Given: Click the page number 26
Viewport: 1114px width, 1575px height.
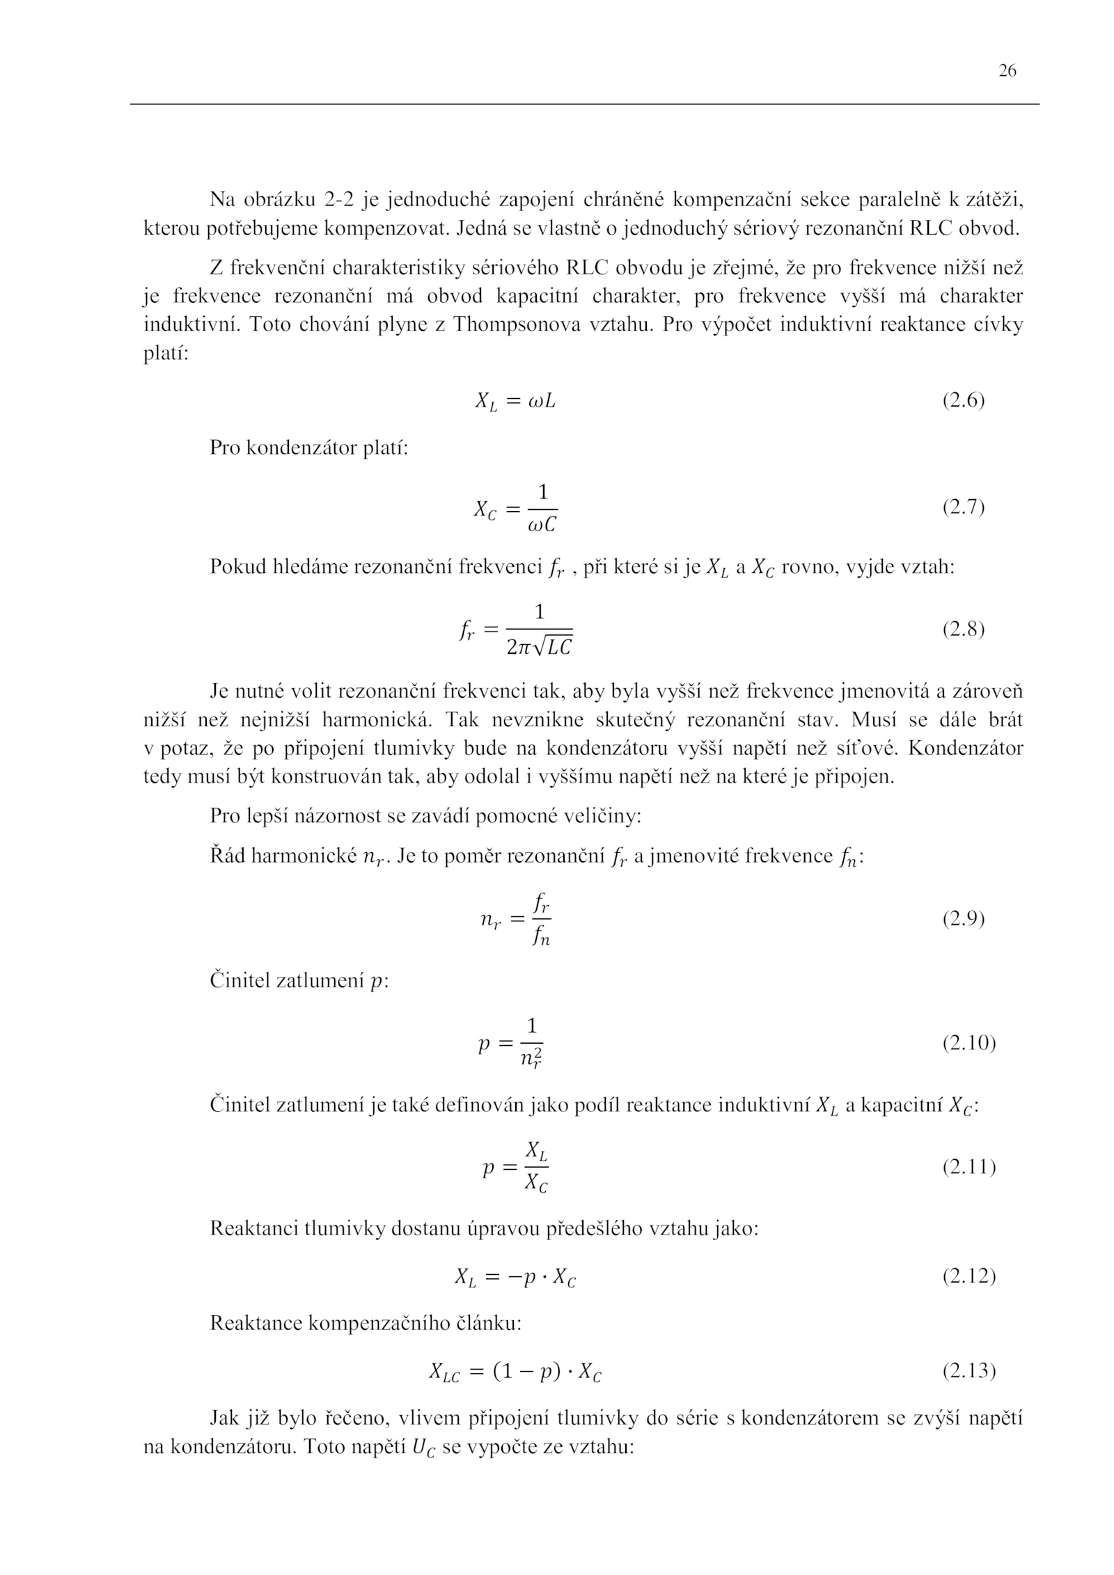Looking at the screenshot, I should tap(1007, 71).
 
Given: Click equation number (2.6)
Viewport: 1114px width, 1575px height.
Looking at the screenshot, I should tap(964, 401).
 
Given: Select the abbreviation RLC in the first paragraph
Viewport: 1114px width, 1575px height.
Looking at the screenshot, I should tap(931, 229).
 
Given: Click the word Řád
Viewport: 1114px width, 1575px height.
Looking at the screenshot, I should tap(227, 856).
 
